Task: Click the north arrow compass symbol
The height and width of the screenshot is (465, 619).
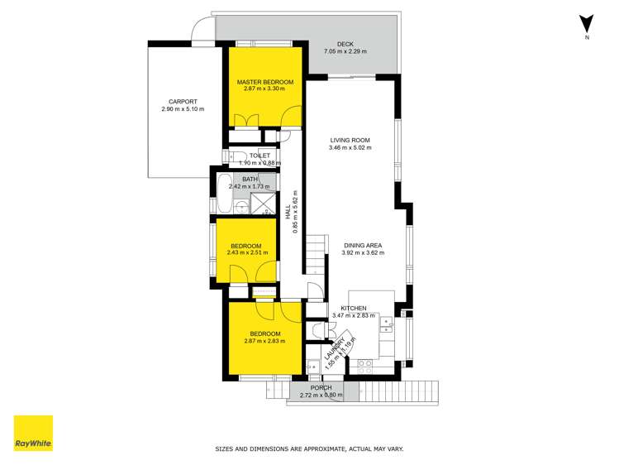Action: pyautogui.click(x=587, y=26)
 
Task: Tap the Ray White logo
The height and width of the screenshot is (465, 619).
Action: pyautogui.click(x=33, y=433)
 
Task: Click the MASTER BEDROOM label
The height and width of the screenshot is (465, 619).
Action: pyautogui.click(x=265, y=82)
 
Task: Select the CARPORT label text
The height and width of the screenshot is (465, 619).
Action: pyautogui.click(x=183, y=102)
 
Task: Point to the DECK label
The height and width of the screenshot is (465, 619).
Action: pyautogui.click(x=345, y=45)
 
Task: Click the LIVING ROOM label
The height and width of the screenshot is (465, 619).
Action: pyautogui.click(x=350, y=141)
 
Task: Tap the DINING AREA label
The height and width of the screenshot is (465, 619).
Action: pyautogui.click(x=363, y=245)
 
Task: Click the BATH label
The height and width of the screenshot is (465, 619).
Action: pyautogui.click(x=250, y=180)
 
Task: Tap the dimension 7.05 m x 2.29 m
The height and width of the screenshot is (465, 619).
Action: pyautogui.click(x=345, y=52)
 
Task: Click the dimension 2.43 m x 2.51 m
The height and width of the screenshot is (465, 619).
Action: pyautogui.click(x=246, y=253)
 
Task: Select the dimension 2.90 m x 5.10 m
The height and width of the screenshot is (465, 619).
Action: pyautogui.click(x=183, y=109)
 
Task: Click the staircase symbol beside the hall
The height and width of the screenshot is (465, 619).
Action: pyautogui.click(x=315, y=252)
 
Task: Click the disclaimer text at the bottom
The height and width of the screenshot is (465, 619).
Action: pyautogui.click(x=309, y=449)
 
